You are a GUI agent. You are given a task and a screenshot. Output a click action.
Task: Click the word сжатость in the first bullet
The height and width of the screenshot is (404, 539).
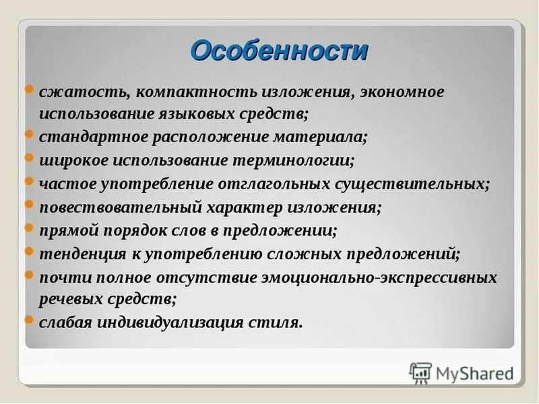[x=71, y=92]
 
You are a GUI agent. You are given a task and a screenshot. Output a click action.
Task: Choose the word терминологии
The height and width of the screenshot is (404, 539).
[x=293, y=160]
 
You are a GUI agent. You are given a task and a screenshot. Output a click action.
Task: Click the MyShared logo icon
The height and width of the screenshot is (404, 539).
[x=420, y=371]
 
